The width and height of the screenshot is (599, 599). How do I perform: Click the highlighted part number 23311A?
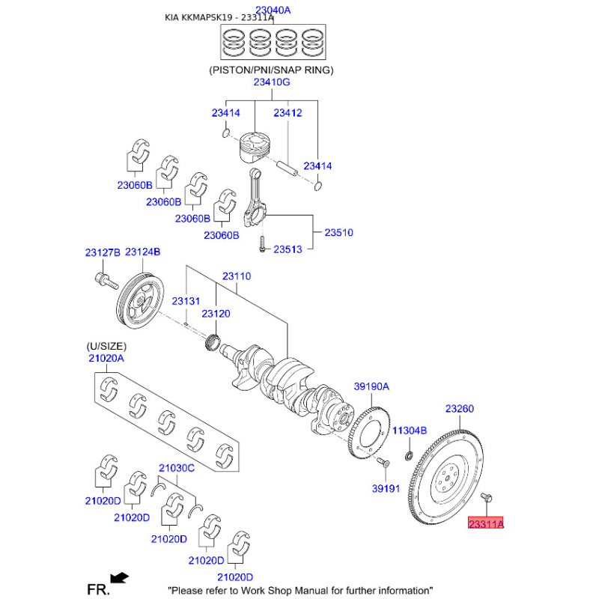486,524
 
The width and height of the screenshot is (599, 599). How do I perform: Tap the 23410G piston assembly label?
271,82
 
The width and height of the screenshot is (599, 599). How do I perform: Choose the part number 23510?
338,233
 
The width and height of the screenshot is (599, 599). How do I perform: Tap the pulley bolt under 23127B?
105,282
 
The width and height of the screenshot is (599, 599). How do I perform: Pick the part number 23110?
236,276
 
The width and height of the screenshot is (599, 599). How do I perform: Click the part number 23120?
216,314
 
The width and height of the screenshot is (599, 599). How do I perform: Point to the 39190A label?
371,386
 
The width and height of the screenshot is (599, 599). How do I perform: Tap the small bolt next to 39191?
381,462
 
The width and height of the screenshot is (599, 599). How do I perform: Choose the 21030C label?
177,468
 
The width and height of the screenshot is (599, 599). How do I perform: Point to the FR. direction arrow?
118,577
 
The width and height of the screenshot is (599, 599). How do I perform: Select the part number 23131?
186,300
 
